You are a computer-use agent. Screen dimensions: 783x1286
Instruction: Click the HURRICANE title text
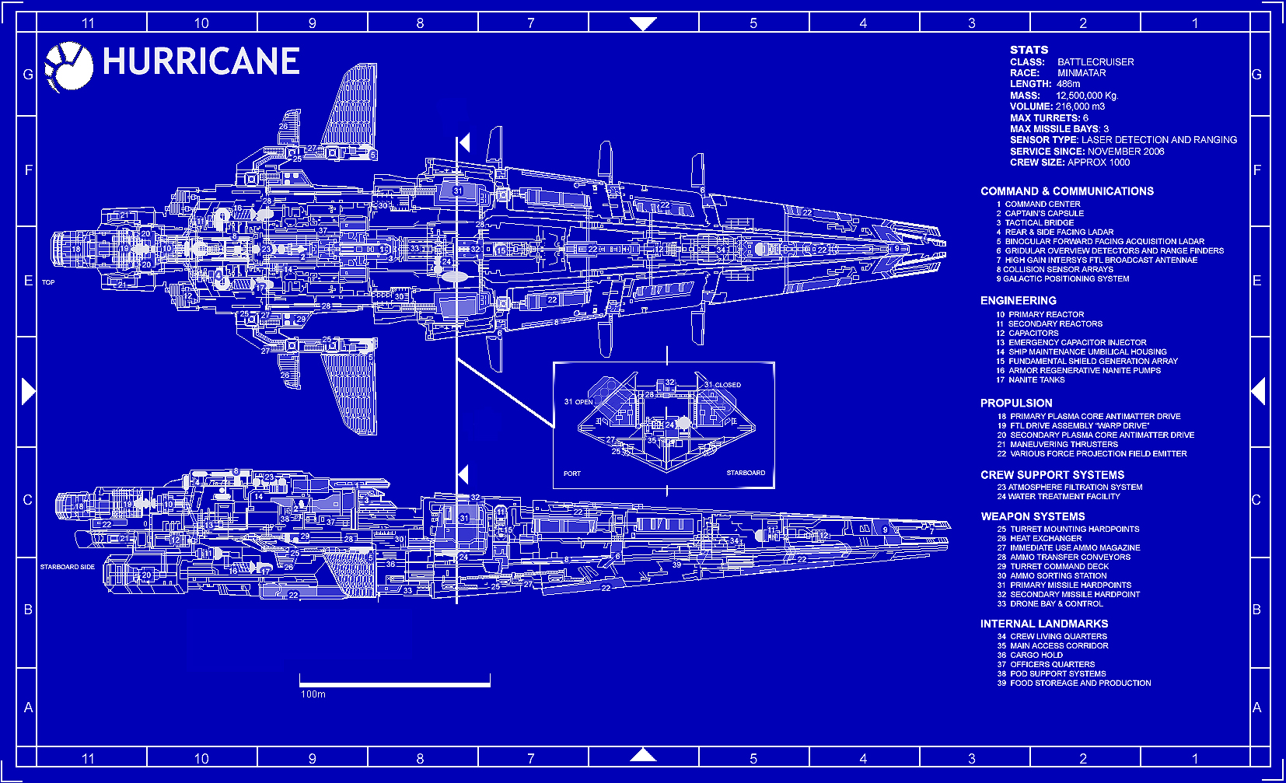(201, 61)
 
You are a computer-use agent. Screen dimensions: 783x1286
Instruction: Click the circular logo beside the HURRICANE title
(68, 67)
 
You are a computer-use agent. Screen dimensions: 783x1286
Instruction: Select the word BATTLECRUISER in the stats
(1095, 62)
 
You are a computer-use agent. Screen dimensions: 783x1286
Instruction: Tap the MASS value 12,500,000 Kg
(1086, 96)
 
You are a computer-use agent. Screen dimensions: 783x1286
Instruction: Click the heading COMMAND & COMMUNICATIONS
(1067, 191)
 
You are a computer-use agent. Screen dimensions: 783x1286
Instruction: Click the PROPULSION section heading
(1016, 403)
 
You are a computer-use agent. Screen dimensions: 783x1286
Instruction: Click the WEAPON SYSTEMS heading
(1033, 516)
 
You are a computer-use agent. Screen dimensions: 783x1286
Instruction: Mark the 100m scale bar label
(313, 694)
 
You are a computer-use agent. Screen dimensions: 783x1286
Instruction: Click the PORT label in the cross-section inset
(572, 474)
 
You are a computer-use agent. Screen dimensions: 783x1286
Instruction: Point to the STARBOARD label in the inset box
(746, 473)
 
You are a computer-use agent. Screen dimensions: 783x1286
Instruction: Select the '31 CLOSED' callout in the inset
(722, 385)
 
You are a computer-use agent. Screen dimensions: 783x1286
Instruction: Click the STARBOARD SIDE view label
(68, 567)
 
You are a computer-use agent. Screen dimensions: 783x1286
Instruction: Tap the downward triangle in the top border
(643, 24)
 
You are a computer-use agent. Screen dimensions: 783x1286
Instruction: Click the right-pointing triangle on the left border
(28, 391)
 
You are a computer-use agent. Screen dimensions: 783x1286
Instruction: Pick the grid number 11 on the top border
(88, 23)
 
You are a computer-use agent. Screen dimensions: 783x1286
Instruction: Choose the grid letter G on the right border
(1256, 75)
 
